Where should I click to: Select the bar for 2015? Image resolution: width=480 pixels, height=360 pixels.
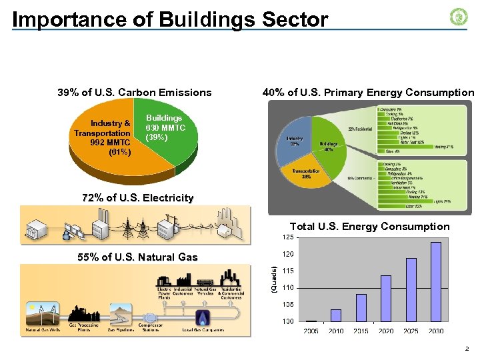pos(361,307)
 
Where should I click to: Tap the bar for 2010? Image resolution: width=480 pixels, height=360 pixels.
pos(336,315)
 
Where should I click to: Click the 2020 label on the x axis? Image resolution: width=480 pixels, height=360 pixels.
pos(386,331)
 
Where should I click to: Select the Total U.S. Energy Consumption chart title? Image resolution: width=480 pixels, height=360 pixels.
pos(369,227)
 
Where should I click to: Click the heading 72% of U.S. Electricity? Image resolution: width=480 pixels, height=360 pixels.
pos(137,198)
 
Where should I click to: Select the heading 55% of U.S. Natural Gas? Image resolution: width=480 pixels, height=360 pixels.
pos(137,257)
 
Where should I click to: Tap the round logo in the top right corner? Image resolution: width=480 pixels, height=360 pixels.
pos(459,17)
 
